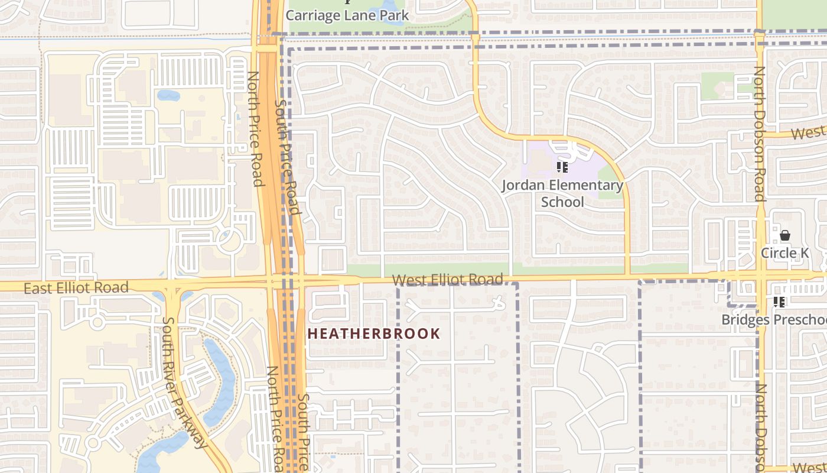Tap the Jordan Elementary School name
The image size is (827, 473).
[x=562, y=193]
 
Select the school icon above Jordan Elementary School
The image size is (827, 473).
[x=562, y=167]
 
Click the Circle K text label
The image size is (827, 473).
[x=784, y=253]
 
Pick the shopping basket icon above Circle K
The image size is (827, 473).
[x=784, y=235]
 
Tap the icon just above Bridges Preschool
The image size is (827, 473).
[x=779, y=302]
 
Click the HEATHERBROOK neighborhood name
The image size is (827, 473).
[x=374, y=333]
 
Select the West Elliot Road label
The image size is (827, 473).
[x=448, y=279]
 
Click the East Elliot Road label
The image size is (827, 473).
[x=76, y=288]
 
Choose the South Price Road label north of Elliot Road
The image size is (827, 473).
[x=288, y=157]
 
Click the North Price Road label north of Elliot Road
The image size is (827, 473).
[x=255, y=128]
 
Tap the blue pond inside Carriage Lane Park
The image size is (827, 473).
[x=393, y=13]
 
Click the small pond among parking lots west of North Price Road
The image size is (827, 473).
[x=168, y=95]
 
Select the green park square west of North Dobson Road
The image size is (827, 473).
[x=717, y=86]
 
